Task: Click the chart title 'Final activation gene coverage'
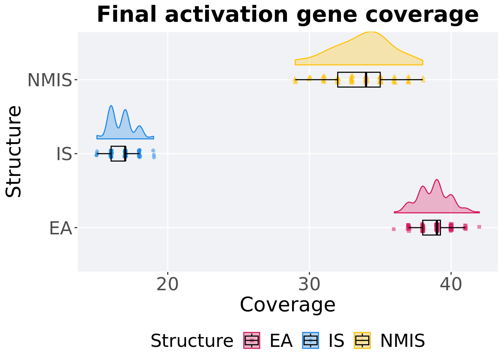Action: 288,15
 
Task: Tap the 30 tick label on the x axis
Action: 309,285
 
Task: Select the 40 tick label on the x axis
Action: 451,285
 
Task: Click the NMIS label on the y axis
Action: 49,80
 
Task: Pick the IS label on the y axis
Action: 64,154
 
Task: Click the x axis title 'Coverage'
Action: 288,304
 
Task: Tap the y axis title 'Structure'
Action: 14,151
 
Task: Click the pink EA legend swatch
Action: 252,340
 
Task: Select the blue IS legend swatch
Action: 310,340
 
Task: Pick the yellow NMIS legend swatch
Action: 362,340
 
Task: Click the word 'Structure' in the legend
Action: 192,341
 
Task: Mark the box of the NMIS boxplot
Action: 359,79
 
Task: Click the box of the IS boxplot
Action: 118,153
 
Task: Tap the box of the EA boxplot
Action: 431,228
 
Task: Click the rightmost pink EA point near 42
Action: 479,226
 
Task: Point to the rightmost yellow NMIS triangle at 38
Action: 423,78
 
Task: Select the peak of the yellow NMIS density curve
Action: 371,32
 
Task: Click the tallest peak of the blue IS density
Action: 111,106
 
